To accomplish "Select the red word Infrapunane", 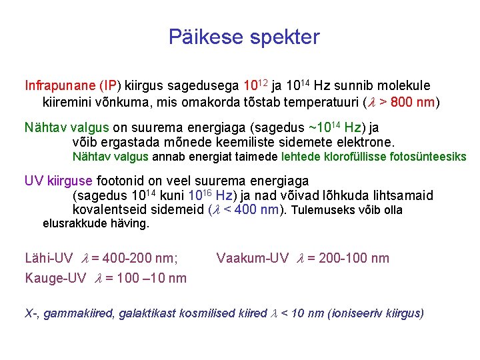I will click(x=60, y=86).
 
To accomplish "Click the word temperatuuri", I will click(x=321, y=103).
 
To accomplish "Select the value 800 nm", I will click(x=412, y=103).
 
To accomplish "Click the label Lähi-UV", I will click(x=49, y=258).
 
